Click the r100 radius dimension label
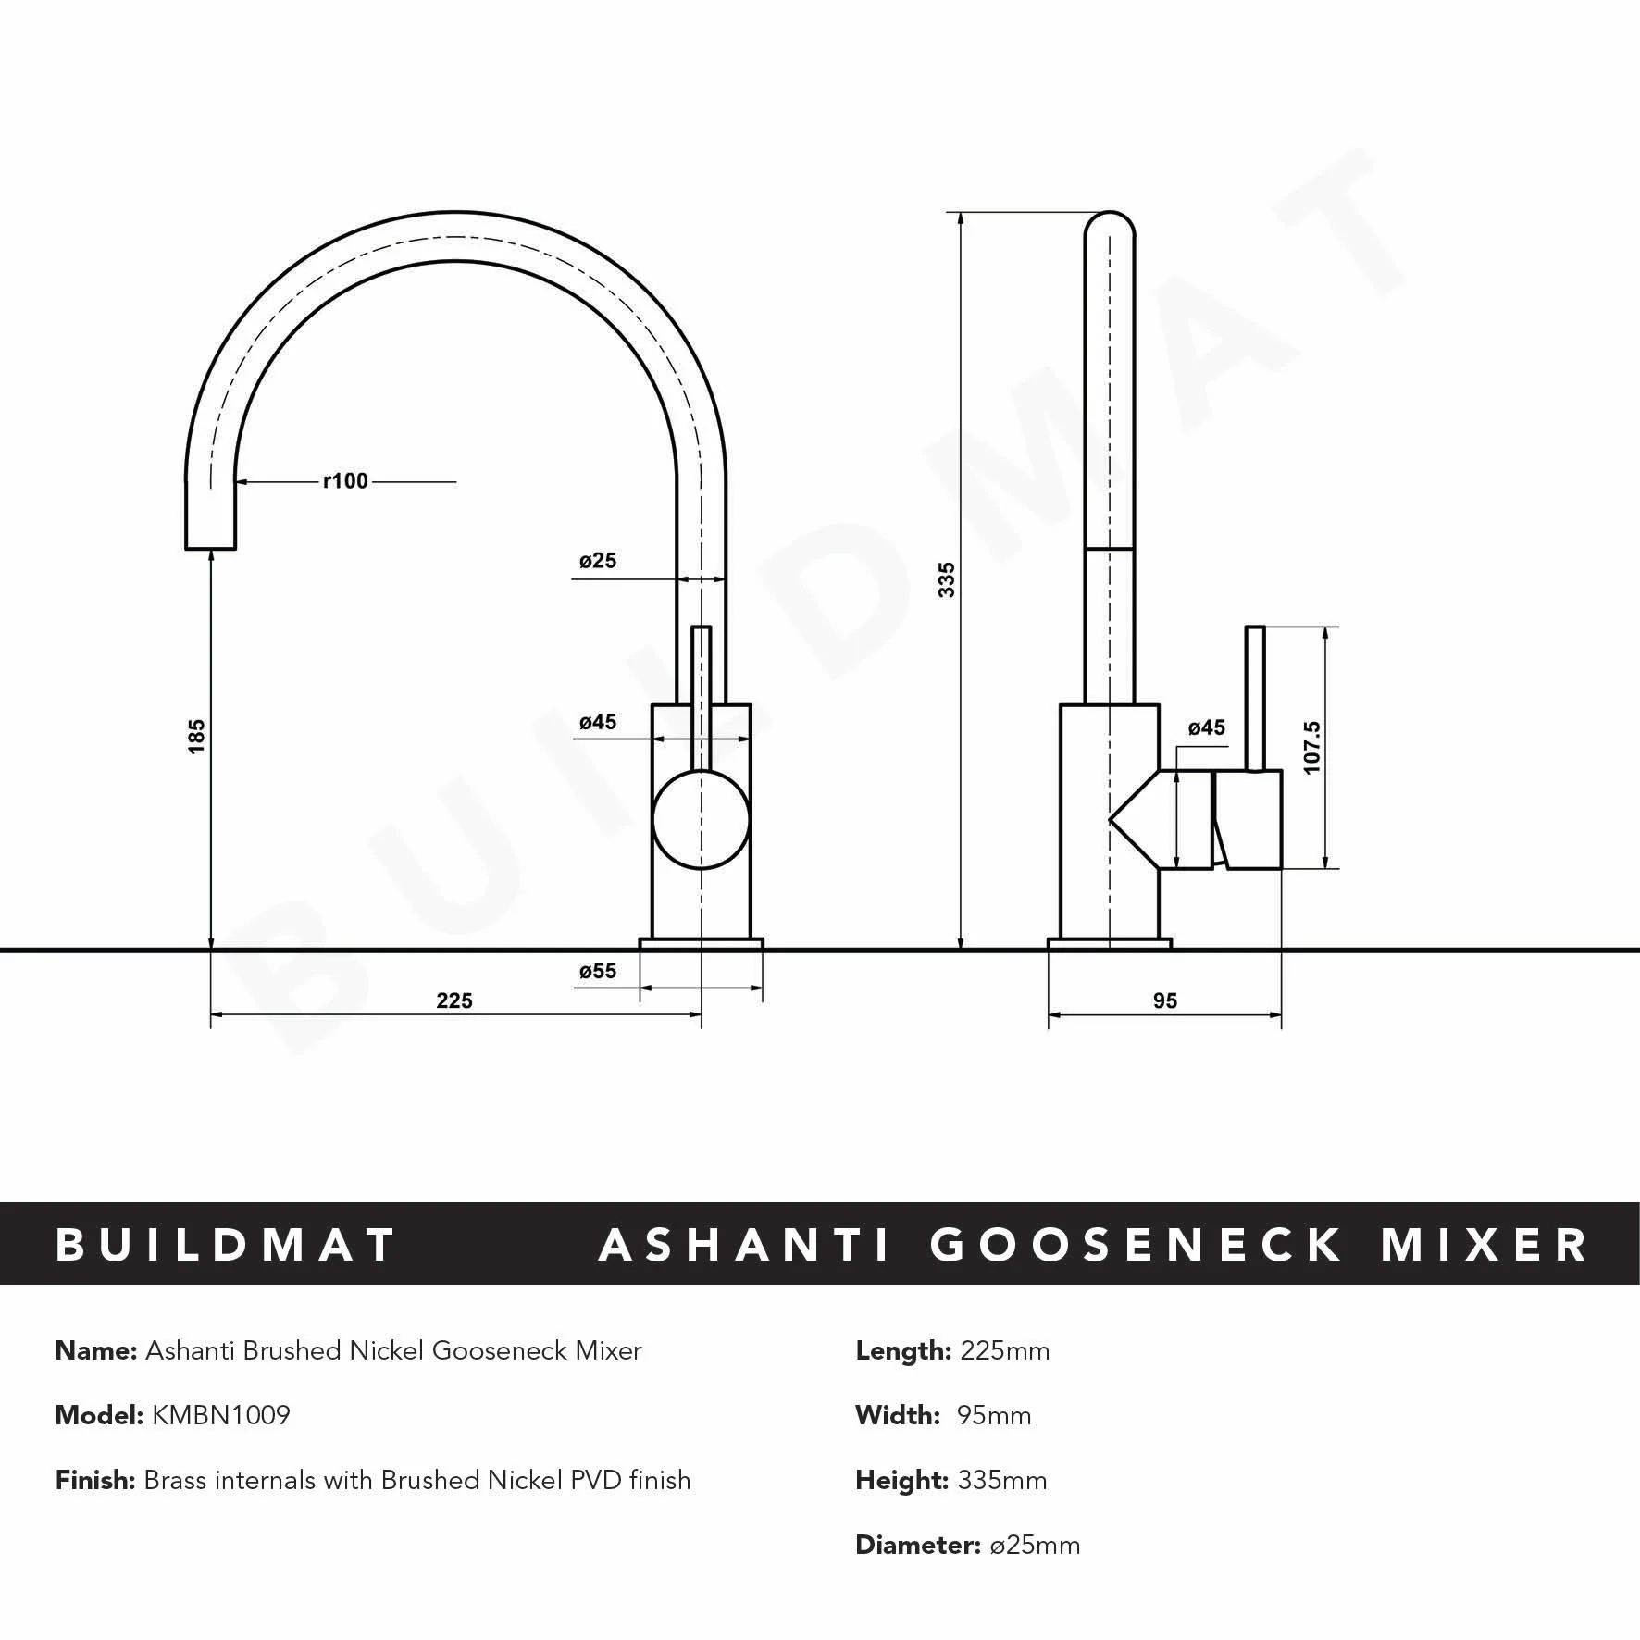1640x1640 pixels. [345, 481]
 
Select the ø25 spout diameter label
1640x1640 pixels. [598, 561]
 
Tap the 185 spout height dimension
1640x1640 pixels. [196, 736]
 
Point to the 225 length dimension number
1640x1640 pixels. [454, 1000]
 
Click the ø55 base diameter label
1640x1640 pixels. [598, 971]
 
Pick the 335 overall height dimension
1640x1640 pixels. [947, 579]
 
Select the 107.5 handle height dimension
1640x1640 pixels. [1311, 748]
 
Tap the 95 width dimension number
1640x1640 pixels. [1165, 1000]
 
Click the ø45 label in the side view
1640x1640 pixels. [1207, 727]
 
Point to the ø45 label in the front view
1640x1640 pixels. [598, 722]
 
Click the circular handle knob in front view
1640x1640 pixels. [701, 821]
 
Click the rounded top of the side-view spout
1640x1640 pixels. [1110, 227]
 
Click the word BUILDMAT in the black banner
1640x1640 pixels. [227, 1245]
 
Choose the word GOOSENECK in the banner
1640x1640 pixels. [1136, 1245]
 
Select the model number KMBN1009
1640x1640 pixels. [221, 1415]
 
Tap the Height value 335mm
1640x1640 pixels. [1002, 1480]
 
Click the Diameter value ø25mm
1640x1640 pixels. [1035, 1545]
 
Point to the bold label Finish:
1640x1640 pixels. [96, 1480]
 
